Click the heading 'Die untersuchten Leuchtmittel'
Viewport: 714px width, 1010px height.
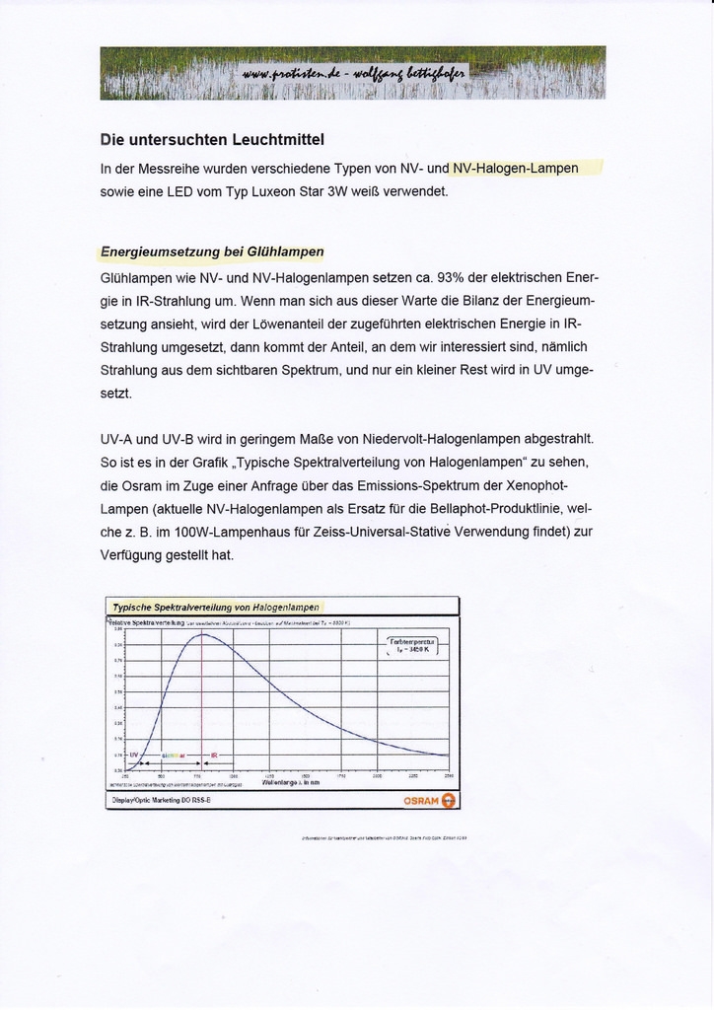point(212,139)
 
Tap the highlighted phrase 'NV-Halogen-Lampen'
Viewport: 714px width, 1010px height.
point(515,168)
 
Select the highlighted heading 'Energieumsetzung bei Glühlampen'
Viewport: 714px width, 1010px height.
point(212,252)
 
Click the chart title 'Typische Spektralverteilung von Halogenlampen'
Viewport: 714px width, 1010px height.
point(215,608)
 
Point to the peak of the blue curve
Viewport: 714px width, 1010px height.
point(203,634)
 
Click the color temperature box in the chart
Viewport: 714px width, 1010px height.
point(410,647)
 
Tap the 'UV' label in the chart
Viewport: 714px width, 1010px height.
point(133,755)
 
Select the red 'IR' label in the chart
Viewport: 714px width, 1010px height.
point(215,756)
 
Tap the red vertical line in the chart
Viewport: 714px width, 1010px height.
point(203,710)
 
